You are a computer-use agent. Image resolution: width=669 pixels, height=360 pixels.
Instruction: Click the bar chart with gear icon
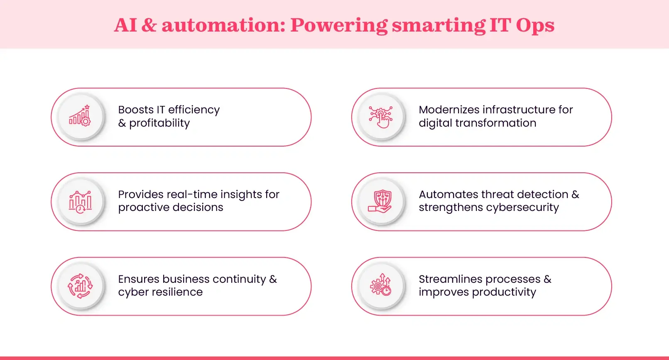click(80, 116)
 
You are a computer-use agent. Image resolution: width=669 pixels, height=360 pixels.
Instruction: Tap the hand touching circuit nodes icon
click(381, 117)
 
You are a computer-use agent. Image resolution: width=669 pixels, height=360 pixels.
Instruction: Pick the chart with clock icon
click(80, 202)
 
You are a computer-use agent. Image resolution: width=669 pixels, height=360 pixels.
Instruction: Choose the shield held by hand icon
click(380, 201)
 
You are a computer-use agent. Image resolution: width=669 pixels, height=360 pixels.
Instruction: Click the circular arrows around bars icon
click(80, 286)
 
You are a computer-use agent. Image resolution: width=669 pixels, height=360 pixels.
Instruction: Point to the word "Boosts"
click(136, 110)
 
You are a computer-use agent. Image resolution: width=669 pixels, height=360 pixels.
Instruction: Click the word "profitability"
click(159, 123)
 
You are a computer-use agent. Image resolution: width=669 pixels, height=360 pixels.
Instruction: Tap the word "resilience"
click(177, 292)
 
